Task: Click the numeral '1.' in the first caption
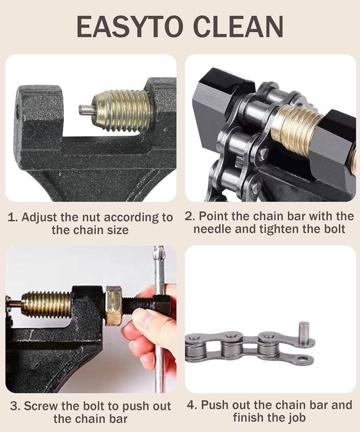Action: (13, 217)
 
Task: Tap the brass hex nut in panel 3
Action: (114, 305)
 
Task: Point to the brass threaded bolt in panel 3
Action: (47, 305)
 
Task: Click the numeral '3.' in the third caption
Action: (15, 406)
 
